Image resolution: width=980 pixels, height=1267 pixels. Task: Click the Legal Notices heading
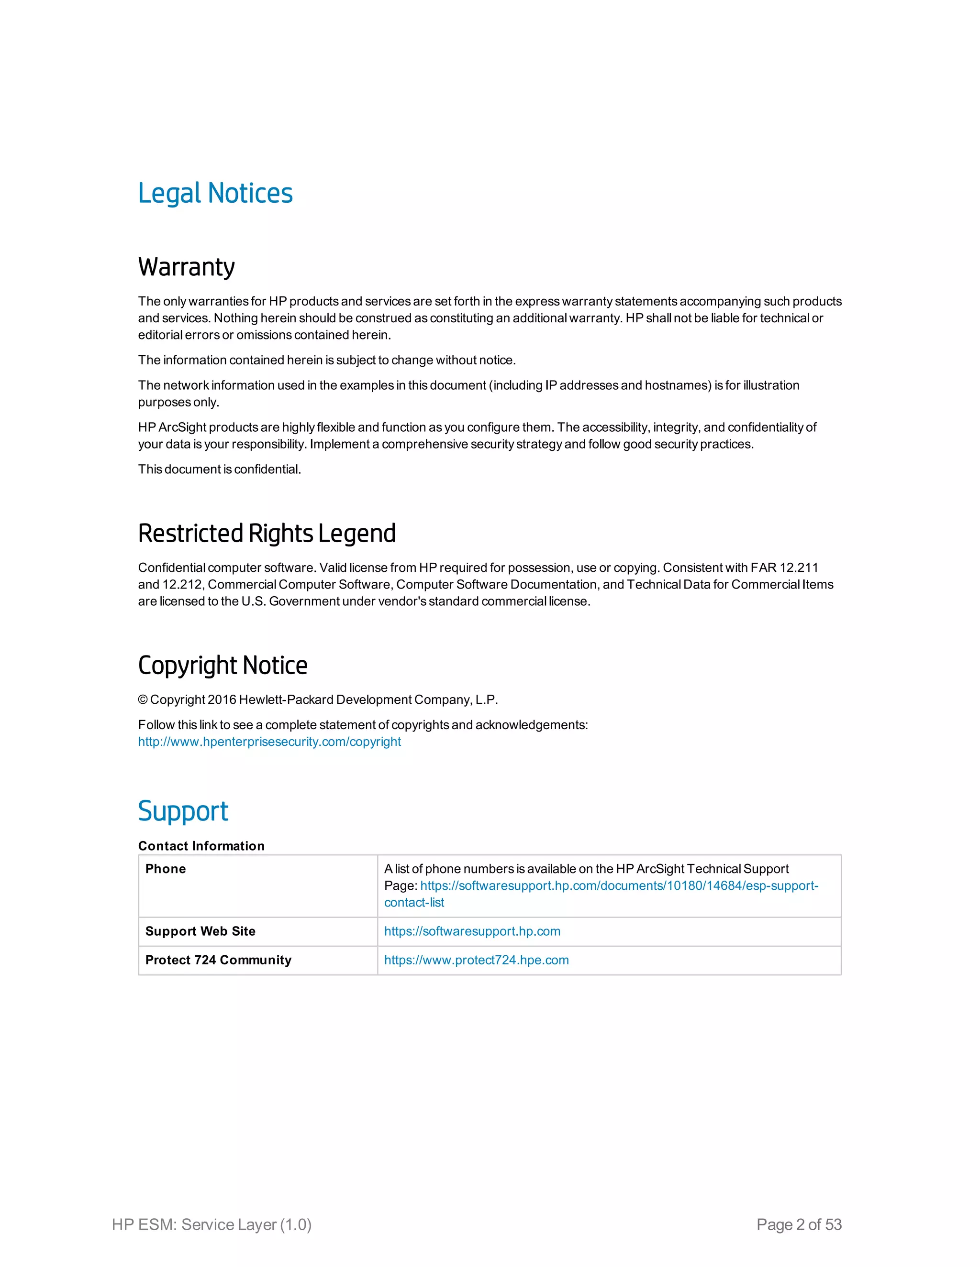click(215, 193)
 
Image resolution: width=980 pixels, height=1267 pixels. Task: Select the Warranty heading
click(186, 267)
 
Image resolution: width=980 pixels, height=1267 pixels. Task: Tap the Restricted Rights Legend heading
click(267, 533)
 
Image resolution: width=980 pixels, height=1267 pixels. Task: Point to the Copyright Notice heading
click(223, 666)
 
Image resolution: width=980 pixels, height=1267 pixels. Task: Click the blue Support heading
click(183, 811)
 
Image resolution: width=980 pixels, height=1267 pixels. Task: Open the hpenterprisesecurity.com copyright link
click(269, 742)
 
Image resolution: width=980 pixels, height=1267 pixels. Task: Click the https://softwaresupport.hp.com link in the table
click(472, 931)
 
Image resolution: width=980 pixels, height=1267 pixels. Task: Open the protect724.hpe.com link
click(476, 960)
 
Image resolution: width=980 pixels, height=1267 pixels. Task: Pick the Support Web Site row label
click(200, 931)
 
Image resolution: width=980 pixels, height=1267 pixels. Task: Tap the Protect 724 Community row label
click(218, 960)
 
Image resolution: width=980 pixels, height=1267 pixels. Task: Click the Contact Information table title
click(201, 846)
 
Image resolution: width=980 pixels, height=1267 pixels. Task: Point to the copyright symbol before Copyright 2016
click(143, 699)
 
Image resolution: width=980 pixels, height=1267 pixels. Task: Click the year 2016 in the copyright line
click(222, 699)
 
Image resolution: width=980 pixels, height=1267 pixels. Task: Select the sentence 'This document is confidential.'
click(220, 470)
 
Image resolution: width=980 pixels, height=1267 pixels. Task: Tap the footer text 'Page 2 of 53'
click(799, 1224)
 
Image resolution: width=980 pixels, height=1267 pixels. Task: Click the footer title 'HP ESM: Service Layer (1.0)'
click(212, 1224)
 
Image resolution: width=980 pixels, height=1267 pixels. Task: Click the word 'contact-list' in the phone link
click(414, 903)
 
